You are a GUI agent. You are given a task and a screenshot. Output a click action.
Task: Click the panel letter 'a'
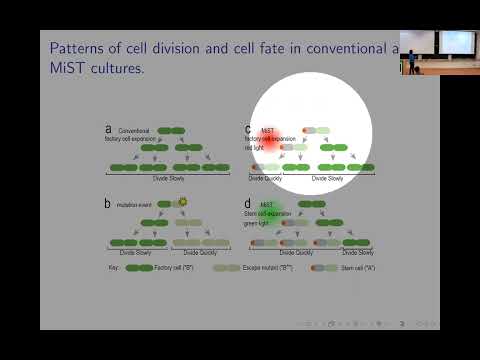108,129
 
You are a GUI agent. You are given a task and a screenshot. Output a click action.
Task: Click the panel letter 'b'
108,203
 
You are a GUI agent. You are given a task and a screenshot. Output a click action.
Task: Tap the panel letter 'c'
248,129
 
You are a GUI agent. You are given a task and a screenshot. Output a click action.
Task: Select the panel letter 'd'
248,203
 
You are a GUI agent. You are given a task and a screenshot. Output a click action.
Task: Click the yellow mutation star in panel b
182,202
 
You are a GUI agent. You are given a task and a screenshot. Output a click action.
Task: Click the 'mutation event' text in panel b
133,204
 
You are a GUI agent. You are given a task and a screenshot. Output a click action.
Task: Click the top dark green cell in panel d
311,204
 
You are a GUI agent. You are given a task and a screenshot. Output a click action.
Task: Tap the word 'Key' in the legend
113,268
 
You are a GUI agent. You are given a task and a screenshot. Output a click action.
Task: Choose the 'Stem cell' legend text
353,268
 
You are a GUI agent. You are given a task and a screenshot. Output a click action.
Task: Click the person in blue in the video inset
411,60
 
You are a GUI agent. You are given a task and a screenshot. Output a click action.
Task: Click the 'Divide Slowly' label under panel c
327,178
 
